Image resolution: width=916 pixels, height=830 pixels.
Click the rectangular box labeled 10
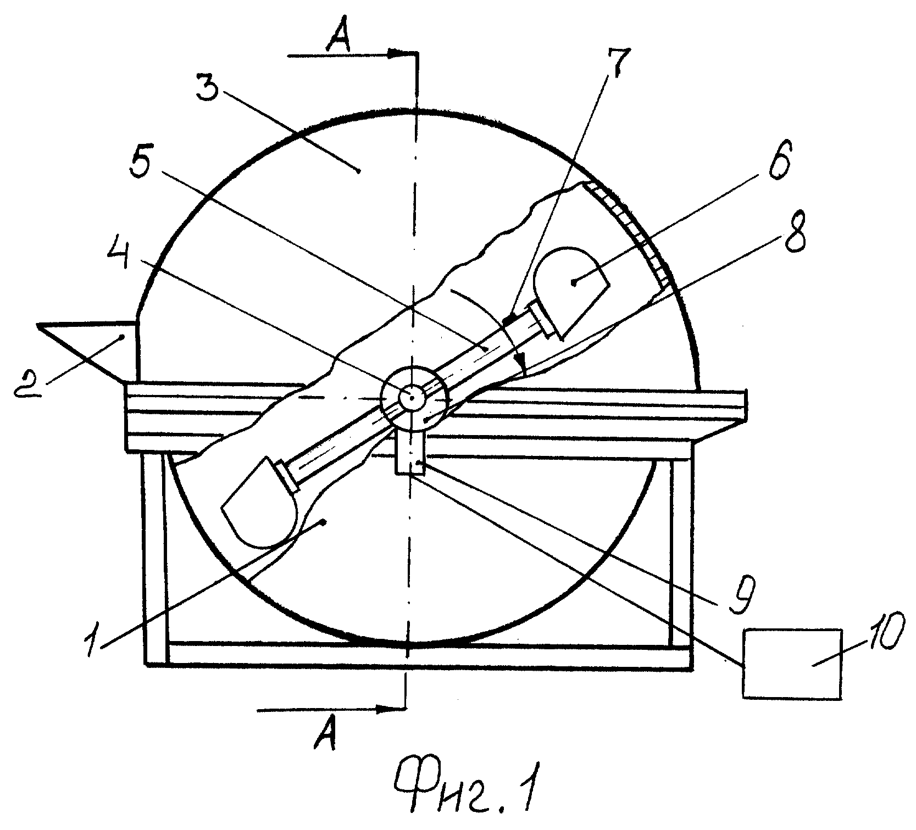coord(792,663)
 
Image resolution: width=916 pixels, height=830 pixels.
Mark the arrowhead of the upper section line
coord(401,54)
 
